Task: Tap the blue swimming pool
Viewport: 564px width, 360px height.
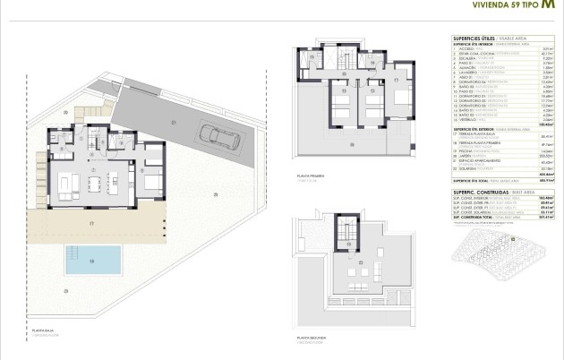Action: coord(93,260)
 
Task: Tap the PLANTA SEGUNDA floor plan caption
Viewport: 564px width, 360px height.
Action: coord(304,339)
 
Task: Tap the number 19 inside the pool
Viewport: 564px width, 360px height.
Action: coord(93,261)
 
